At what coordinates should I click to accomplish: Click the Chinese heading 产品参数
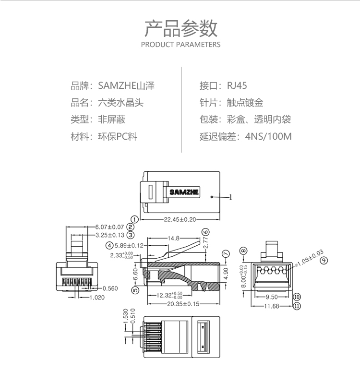(x=180, y=28)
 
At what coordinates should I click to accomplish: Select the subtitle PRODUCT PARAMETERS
(x=180, y=45)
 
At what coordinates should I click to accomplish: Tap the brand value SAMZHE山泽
(x=126, y=86)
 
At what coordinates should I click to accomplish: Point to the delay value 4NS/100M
(x=268, y=136)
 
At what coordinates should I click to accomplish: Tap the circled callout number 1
(x=134, y=219)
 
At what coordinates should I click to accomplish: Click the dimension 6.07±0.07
(x=109, y=227)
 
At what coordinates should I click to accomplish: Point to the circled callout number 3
(x=130, y=235)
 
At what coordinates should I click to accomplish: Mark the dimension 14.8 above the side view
(x=174, y=238)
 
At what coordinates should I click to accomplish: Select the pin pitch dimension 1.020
(x=97, y=298)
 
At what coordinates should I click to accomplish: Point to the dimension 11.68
(x=272, y=306)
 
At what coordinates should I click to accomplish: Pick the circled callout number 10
(x=297, y=297)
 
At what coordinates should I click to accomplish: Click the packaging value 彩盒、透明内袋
(x=259, y=120)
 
